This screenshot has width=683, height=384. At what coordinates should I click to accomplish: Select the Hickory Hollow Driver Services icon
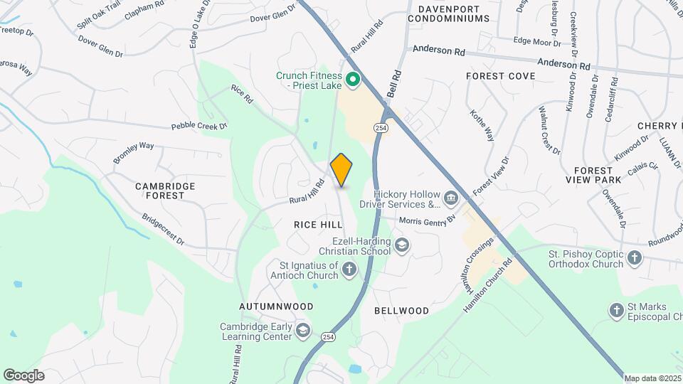click(450, 196)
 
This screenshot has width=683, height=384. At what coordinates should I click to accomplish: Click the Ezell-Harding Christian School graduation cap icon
click(403, 246)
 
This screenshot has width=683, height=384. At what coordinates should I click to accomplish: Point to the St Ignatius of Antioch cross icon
click(349, 269)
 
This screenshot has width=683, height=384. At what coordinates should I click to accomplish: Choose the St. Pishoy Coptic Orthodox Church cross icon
click(635, 258)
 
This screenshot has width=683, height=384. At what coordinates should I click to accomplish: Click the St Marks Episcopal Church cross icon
click(617, 309)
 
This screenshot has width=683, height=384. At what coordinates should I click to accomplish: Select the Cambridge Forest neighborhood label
click(166, 191)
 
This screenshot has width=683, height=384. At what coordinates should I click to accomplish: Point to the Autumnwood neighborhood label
click(277, 306)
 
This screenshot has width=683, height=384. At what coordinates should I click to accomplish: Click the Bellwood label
click(402, 311)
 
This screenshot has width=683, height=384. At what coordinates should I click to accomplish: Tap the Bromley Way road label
click(133, 153)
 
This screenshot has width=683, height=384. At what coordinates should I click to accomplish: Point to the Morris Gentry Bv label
click(427, 220)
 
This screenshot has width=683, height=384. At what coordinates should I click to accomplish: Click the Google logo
click(23, 375)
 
